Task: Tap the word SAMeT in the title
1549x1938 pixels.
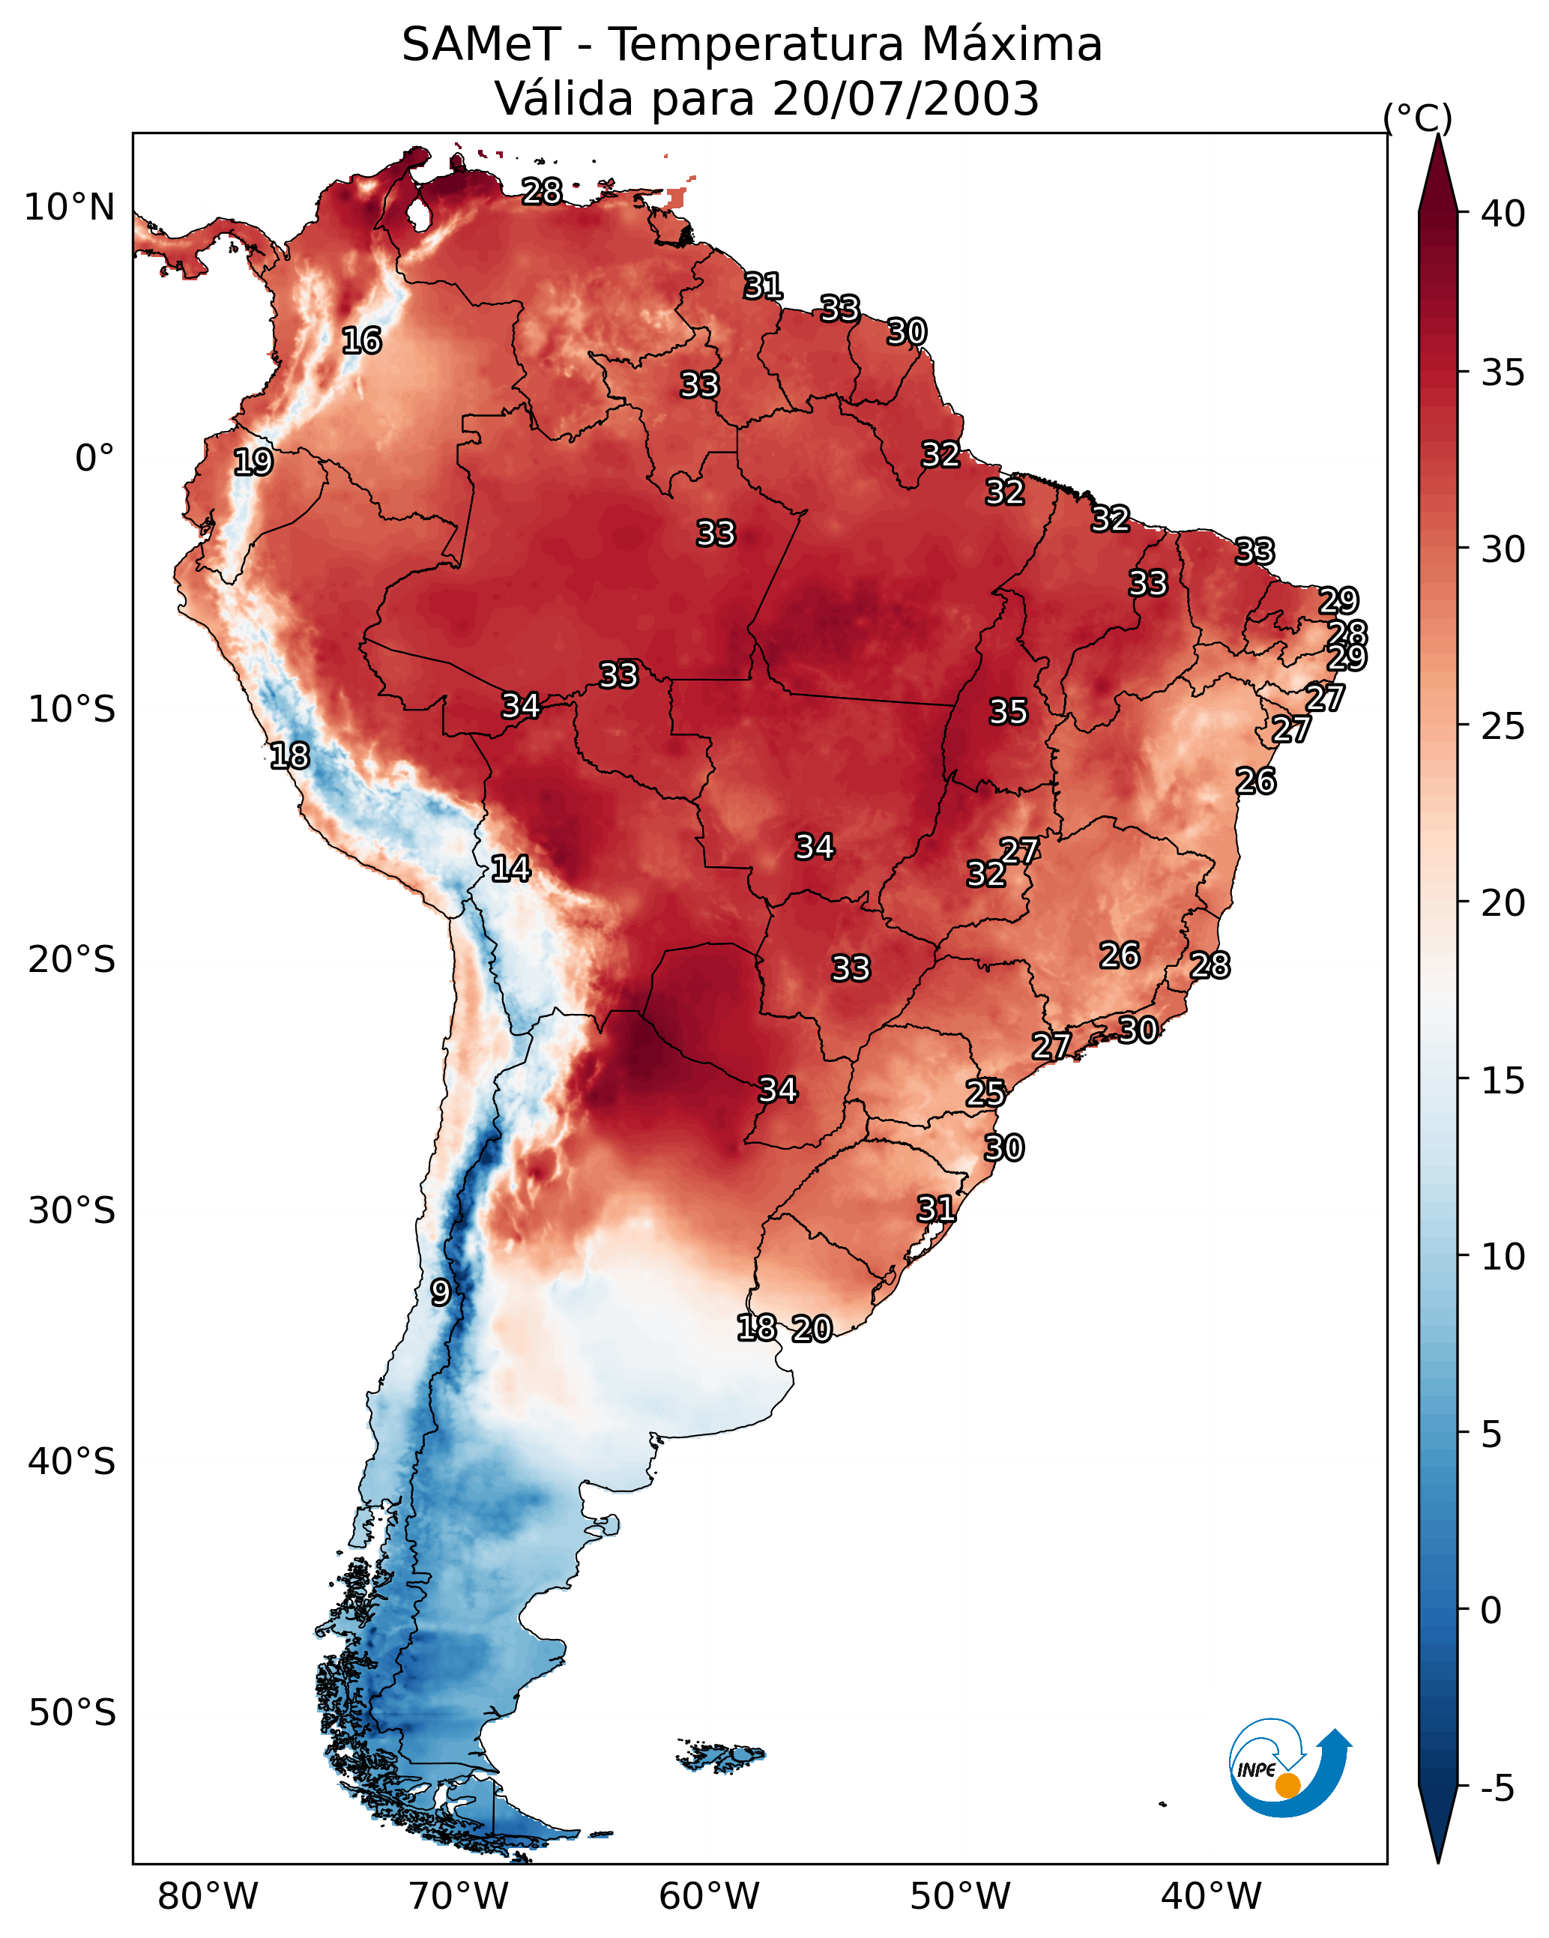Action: coord(481,45)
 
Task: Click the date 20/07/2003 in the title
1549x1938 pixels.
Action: coord(905,99)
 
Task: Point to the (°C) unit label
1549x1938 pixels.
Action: coord(1418,118)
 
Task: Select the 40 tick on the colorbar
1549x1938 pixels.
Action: coord(1503,214)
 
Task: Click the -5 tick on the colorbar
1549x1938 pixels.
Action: coord(1497,1789)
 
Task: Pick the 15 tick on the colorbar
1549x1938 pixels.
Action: coord(1503,1081)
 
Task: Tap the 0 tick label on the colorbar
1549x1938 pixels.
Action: coord(1491,1611)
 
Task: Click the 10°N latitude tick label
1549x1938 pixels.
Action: coord(69,208)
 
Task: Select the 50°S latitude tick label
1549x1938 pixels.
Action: coord(72,1713)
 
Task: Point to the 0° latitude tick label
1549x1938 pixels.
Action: coord(95,459)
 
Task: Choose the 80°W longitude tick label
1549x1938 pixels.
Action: coord(208,1897)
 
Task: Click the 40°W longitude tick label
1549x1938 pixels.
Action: coord(1212,1897)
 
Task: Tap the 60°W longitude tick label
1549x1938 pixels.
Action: coord(710,1897)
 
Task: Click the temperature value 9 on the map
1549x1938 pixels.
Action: coord(440,1293)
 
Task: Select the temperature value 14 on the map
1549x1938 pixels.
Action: coord(510,869)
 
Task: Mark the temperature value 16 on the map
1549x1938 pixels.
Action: coord(361,341)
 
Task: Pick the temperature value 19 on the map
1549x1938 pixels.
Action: coord(253,462)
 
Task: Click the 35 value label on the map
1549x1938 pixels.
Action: coord(1008,712)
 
